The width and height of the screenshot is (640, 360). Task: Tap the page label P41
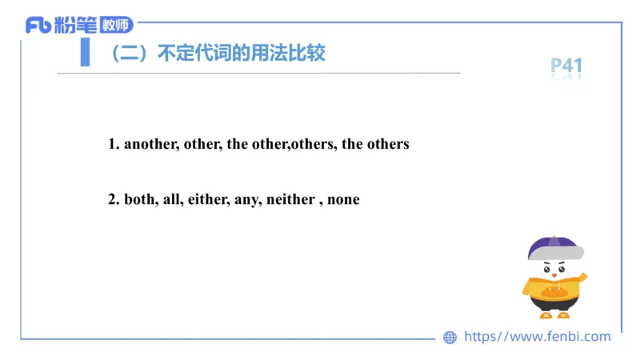tap(566, 66)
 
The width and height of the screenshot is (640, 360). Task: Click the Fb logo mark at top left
tap(38, 26)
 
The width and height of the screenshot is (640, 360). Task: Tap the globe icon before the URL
tap(450, 338)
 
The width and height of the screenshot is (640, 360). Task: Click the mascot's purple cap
tap(553, 247)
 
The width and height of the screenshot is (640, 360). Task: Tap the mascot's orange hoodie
tap(552, 290)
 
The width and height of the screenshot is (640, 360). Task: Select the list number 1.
tap(113, 145)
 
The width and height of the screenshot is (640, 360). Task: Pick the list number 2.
tap(113, 199)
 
